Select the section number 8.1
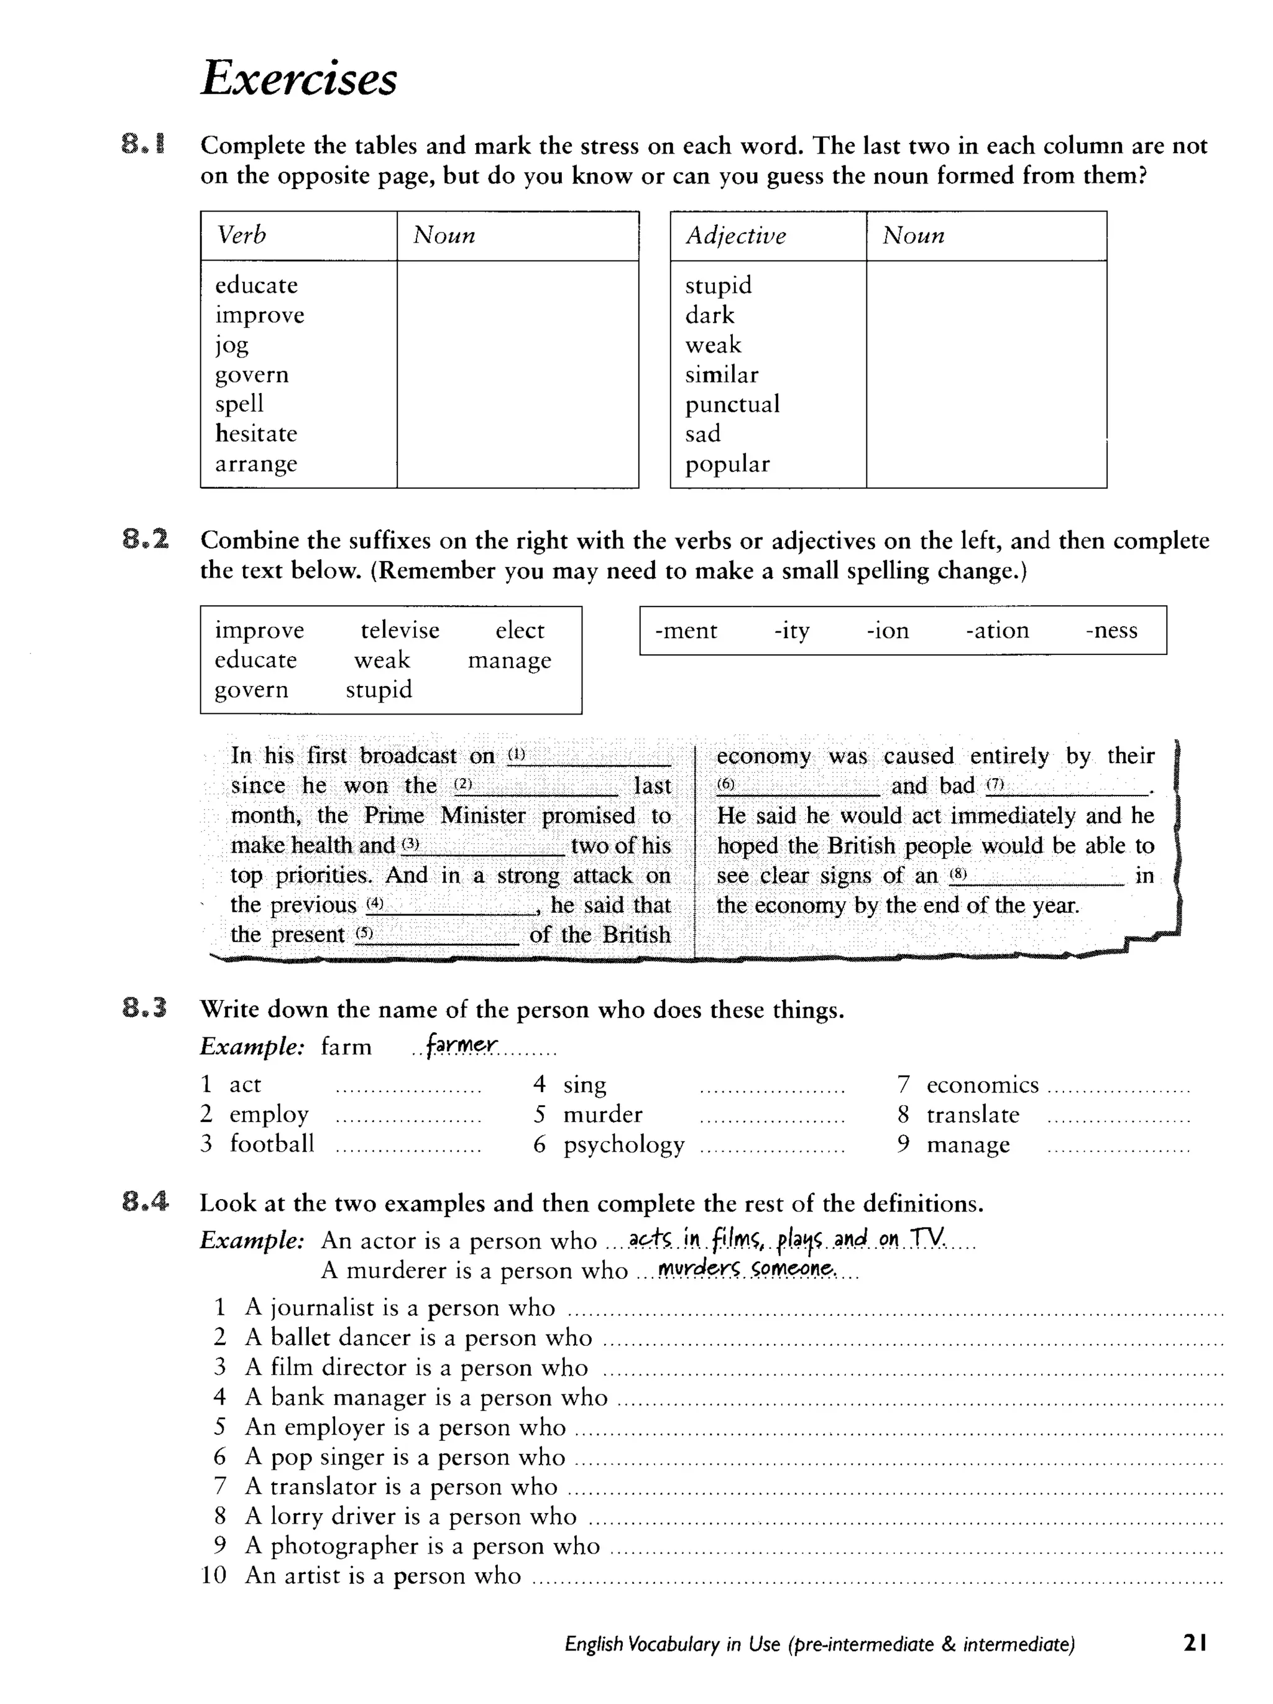(143, 145)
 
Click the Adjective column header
(735, 235)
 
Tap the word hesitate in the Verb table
(255, 433)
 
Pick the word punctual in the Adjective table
(732, 404)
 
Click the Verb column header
(241, 235)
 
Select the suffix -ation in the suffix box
(996, 630)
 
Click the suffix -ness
(1111, 630)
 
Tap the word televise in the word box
(400, 630)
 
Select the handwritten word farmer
(461, 1045)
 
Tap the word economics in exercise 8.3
(982, 1085)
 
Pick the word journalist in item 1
(321, 1307)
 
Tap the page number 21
(1195, 1643)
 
